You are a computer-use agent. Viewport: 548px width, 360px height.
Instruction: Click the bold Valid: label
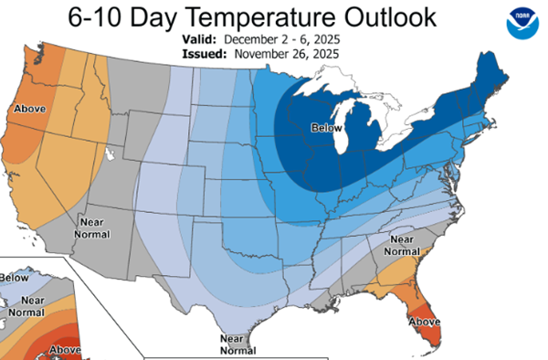coord(190,40)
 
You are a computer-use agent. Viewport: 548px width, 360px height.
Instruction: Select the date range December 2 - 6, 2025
coord(279,40)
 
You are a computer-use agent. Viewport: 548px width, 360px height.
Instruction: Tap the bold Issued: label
coord(193,54)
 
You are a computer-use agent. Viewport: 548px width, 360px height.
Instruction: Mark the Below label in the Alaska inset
coord(14,277)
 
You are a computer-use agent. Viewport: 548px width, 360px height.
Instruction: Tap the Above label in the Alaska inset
coord(65,349)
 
